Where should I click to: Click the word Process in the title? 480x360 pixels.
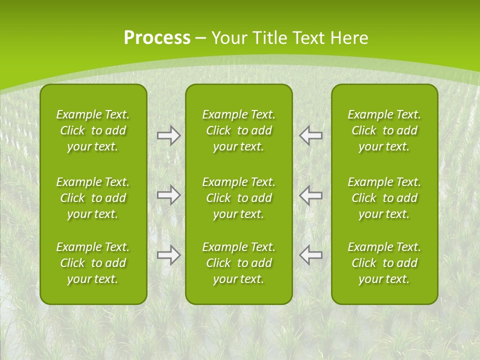tap(157, 38)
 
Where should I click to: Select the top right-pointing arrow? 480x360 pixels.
tap(168, 135)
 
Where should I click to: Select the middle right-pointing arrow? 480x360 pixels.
tap(168, 195)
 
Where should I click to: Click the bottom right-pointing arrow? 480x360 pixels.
tap(168, 255)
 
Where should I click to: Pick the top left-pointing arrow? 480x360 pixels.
tap(311, 135)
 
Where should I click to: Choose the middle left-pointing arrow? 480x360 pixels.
tap(311, 195)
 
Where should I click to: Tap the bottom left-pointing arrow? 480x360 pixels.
tap(311, 255)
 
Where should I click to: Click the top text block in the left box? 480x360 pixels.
tap(93, 130)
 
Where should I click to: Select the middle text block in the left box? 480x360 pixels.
tap(93, 198)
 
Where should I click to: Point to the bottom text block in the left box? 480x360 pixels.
tap(93, 263)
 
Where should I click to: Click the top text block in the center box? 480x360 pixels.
tap(238, 130)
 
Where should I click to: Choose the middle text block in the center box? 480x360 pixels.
tap(238, 198)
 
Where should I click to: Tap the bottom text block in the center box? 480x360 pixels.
tap(238, 263)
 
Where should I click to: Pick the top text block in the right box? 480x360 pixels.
tap(384, 130)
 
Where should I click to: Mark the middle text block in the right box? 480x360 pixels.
tap(384, 198)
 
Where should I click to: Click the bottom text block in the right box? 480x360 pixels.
tap(384, 263)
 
